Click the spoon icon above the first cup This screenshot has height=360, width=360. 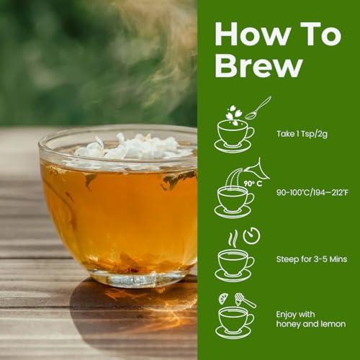pyautogui.click(x=257, y=108)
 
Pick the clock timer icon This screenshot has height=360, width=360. pyautogui.click(x=251, y=235)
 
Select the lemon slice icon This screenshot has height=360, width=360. pyautogui.click(x=224, y=298)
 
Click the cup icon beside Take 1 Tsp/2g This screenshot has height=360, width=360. pyautogui.click(x=235, y=135)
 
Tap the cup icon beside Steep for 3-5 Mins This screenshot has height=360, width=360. pyautogui.click(x=235, y=263)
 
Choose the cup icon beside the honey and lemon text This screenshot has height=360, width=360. pyautogui.click(x=235, y=320)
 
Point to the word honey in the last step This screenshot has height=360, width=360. pyautogui.click(x=288, y=324)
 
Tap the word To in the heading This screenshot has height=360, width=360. pyautogui.click(x=306, y=33)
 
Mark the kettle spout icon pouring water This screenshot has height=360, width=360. pyautogui.click(x=255, y=169)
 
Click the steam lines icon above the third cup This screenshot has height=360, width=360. pyautogui.click(x=232, y=238)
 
